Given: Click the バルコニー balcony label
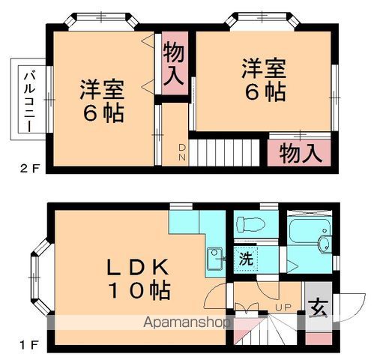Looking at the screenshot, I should tap(27, 100).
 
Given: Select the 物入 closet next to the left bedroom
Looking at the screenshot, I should tap(174, 63).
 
